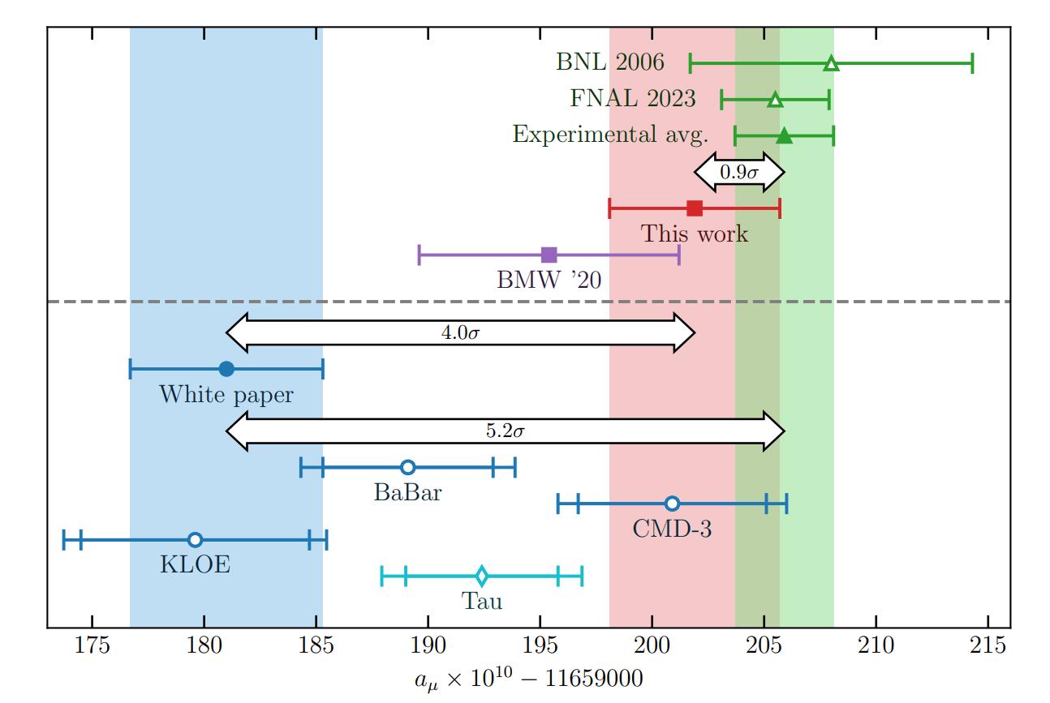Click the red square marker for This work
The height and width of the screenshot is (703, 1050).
pos(695,208)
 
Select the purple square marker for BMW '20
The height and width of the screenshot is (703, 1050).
pos(549,255)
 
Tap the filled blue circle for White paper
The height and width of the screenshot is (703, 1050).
pos(226,369)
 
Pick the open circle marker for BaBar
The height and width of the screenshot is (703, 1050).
pos(408,467)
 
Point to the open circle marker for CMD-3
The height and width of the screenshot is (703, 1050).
pos(672,504)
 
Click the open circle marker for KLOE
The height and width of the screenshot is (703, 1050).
pos(195,540)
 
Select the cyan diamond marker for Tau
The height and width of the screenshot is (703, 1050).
pos(481,577)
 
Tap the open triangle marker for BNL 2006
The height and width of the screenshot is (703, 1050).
pos(832,64)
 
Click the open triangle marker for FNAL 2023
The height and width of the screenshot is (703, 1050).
pos(775,100)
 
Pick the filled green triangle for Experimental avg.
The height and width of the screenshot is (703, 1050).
pos(784,136)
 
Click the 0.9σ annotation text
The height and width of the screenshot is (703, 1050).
pos(739,172)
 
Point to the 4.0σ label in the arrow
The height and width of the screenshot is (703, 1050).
pos(460,333)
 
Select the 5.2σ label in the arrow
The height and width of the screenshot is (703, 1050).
pos(505,431)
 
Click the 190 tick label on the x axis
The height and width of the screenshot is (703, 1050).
pos(428,649)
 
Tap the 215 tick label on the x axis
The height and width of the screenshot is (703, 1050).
pos(988,649)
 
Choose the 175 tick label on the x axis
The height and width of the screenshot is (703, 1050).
pos(93,649)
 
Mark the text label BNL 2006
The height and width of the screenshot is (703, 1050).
pos(610,62)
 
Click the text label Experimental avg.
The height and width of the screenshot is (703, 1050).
pos(605,134)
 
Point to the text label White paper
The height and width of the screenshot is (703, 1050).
pos(226,395)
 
